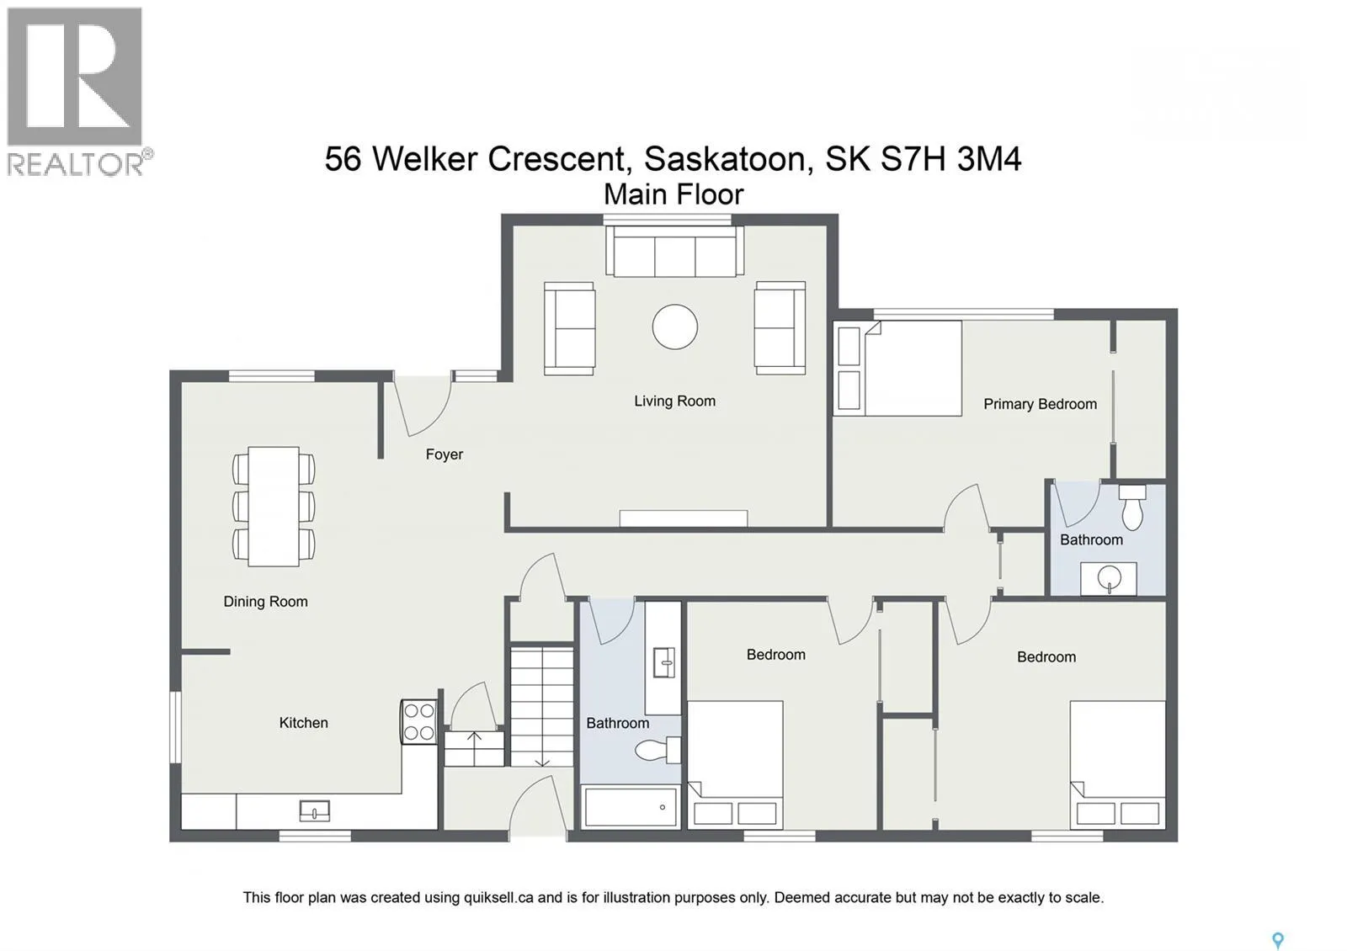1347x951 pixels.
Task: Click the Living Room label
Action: [674, 401]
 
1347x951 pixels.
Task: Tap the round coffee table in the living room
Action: [674, 327]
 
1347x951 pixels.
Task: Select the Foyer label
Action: [445, 454]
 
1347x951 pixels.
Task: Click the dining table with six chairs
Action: [274, 506]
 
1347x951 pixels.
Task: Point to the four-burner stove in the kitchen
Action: [419, 721]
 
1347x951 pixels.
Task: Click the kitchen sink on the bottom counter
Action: [315, 811]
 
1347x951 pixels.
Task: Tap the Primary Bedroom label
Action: [1040, 404]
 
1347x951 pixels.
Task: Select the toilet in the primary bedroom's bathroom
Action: [1131, 507]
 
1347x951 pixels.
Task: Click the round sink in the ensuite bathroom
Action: [1108, 579]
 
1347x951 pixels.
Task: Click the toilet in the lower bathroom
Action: [658, 750]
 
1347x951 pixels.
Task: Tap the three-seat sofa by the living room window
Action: [674, 252]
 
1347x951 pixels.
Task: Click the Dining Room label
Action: [265, 601]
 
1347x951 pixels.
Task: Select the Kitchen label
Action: [304, 723]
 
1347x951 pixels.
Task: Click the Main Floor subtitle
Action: [673, 194]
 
